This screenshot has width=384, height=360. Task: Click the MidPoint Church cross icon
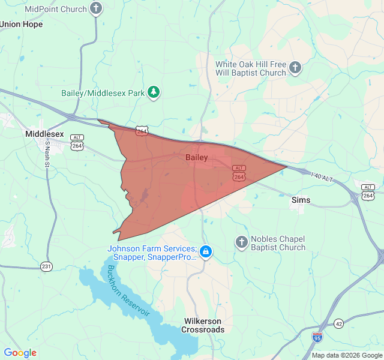point(96,8)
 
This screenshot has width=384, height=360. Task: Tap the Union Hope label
point(22,25)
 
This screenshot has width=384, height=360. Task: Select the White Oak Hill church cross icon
point(295,68)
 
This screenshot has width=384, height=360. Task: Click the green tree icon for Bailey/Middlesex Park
point(155,92)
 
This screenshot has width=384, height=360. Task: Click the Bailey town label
point(197,158)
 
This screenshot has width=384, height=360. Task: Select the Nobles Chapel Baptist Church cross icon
point(242,242)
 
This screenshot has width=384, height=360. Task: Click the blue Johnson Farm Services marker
point(206,251)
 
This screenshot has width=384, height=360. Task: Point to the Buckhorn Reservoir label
point(130,292)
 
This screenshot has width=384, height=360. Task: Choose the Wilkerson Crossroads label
point(203,325)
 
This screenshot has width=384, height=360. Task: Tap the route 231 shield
point(47,266)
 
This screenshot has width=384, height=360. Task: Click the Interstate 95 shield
point(317,338)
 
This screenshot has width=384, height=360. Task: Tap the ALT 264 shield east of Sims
point(368,191)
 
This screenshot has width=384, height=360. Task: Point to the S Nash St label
point(47,157)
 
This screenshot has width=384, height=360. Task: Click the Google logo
point(20,353)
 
